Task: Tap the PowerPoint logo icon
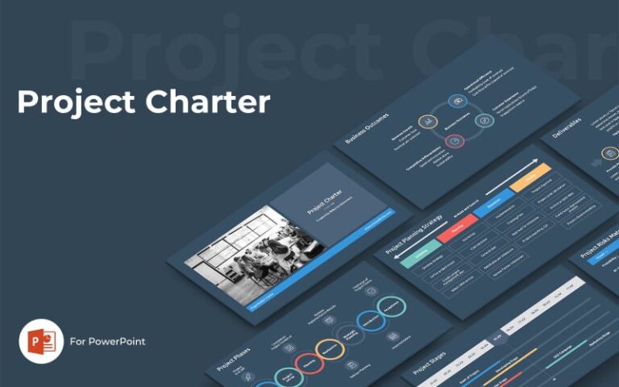41,341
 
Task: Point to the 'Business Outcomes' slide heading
367,128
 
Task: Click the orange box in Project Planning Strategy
530,177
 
